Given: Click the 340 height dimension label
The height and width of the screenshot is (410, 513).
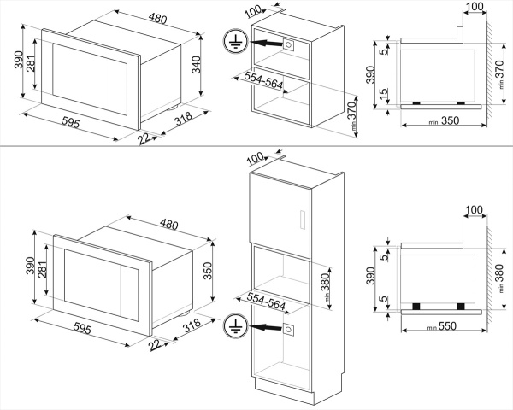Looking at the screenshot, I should click(196, 66).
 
